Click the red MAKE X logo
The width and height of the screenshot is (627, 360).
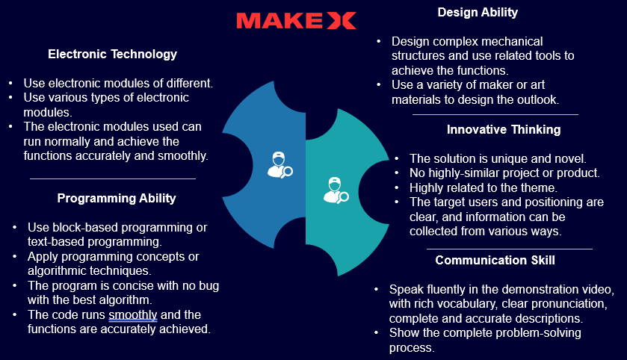point(296,21)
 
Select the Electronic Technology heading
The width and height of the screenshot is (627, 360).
point(112,54)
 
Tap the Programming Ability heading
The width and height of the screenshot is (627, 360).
point(117,198)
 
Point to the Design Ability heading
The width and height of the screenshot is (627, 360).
point(478,13)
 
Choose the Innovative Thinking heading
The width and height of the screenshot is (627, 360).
point(504,129)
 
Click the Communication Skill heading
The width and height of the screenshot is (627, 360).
point(495,260)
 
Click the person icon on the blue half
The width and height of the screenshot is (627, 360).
point(280,164)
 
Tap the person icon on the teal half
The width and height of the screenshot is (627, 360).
point(336,190)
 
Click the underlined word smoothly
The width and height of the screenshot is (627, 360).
point(133,315)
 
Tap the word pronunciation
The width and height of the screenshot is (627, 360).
point(568,304)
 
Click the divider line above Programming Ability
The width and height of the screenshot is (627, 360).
point(113,179)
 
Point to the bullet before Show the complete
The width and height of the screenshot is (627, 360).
point(376,333)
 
